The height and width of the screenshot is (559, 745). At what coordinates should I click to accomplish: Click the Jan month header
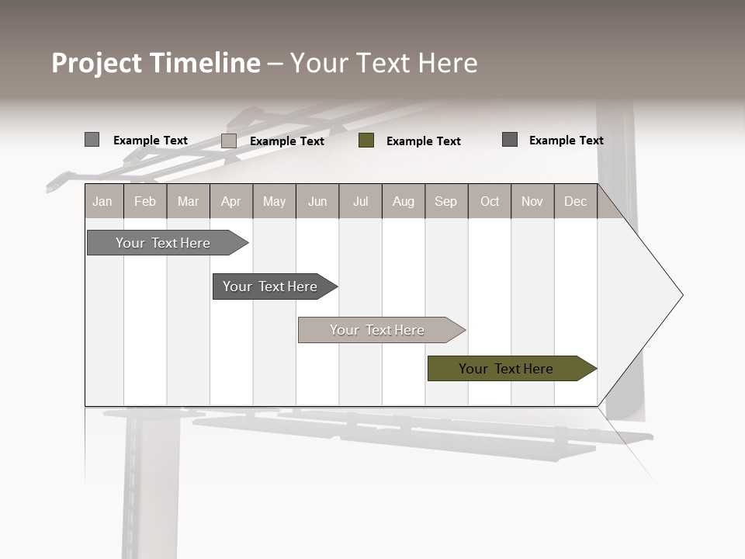[x=102, y=201]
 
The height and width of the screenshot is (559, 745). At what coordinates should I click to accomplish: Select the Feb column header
[x=145, y=201]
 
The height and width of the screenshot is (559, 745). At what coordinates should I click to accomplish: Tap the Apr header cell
[x=230, y=201]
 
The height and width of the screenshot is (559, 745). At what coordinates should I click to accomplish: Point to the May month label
[x=274, y=201]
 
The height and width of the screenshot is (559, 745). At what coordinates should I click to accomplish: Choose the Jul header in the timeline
[x=360, y=201]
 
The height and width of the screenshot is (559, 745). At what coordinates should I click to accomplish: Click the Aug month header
[x=403, y=201]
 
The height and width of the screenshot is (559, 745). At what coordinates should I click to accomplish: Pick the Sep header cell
[x=445, y=201]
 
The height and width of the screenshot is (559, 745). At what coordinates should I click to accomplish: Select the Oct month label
[x=490, y=201]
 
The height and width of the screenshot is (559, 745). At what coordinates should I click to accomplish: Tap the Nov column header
[x=532, y=201]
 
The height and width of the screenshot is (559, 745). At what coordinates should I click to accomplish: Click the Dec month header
[x=575, y=201]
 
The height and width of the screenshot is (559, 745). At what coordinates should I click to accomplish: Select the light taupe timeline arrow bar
[x=379, y=330]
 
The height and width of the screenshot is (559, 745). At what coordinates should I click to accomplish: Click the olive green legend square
[x=366, y=141]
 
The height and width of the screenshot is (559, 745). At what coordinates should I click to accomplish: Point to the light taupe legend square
[x=229, y=141]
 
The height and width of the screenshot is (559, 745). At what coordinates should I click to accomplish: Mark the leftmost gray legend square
[x=92, y=140]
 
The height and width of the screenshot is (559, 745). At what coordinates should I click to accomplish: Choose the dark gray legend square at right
[x=510, y=140]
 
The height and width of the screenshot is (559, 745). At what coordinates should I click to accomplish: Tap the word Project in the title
[x=97, y=63]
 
